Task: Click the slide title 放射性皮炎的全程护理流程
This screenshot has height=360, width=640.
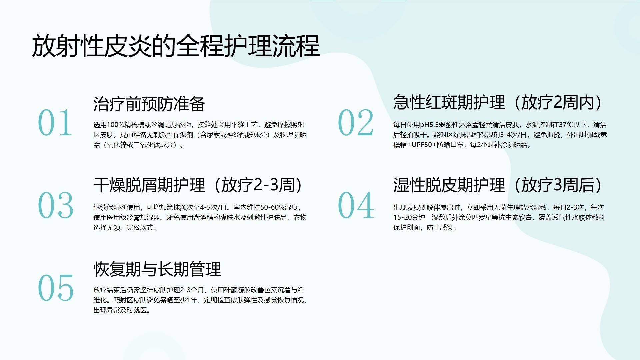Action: pos(176,46)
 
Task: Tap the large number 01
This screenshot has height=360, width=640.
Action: pos(55,123)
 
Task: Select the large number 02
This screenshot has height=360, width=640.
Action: pos(356,123)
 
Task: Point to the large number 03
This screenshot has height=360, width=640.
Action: pos(55,205)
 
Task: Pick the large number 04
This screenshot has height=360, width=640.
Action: pos(356,205)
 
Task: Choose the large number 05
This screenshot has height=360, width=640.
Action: pos(55,288)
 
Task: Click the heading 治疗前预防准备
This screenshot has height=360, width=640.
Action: pos(149,104)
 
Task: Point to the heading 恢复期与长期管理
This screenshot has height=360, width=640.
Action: pos(157,269)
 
